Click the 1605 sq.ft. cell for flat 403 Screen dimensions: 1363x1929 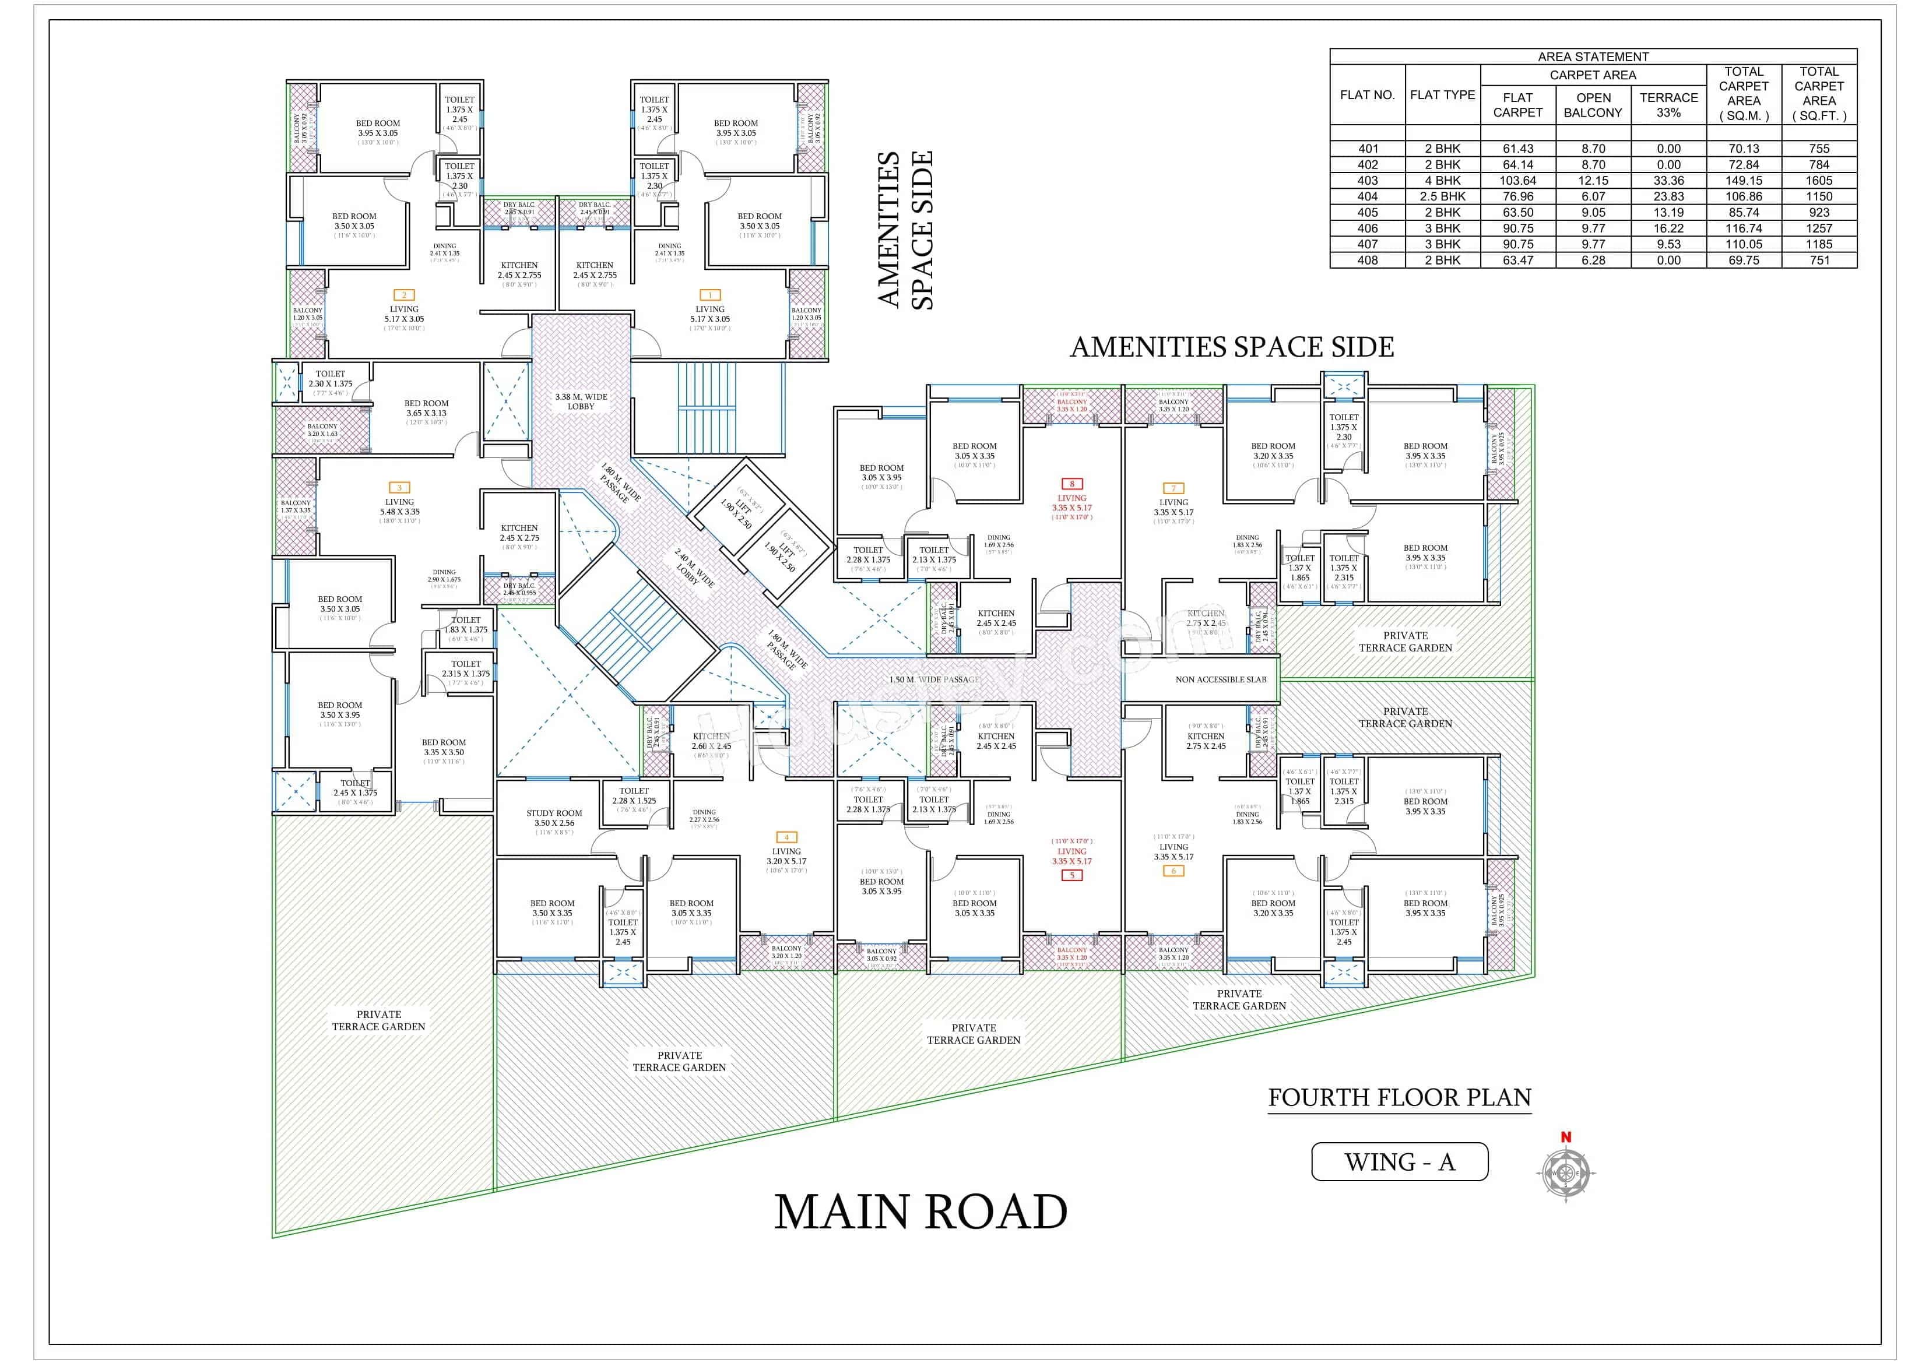pyautogui.click(x=1818, y=181)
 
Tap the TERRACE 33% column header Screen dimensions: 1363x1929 pyautogui.click(x=1668, y=105)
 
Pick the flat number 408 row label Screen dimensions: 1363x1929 pyautogui.click(x=1367, y=260)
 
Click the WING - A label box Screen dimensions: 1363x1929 pyautogui.click(x=1399, y=1163)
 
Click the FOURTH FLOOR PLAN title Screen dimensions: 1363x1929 pyautogui.click(x=1399, y=1098)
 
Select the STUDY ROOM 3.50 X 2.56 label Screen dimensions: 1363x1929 pyautogui.click(x=554, y=818)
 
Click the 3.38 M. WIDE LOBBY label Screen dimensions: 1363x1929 pyautogui.click(x=581, y=401)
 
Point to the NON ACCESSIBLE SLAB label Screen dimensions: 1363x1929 pyautogui.click(x=1220, y=679)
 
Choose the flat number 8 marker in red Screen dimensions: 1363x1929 pyautogui.click(x=1072, y=484)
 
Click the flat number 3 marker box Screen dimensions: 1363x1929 pyautogui.click(x=399, y=488)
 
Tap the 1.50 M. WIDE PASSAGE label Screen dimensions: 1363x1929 pyautogui.click(x=934, y=679)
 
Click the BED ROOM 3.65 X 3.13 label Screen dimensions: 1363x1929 pyautogui.click(x=426, y=408)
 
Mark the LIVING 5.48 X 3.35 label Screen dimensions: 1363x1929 pyautogui.click(x=399, y=507)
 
